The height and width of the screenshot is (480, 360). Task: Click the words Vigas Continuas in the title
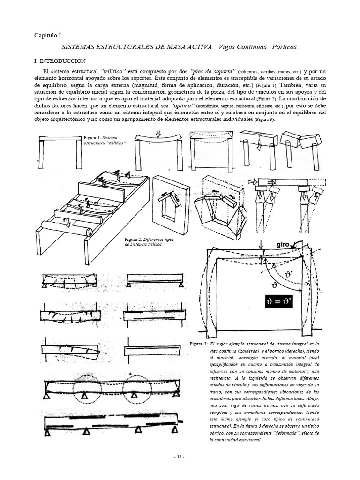click(x=242, y=47)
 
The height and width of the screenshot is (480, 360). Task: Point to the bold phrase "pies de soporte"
click(x=204, y=70)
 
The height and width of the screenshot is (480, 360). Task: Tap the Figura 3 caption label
click(x=196, y=344)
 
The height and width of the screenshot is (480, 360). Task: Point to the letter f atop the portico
click(x=263, y=251)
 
